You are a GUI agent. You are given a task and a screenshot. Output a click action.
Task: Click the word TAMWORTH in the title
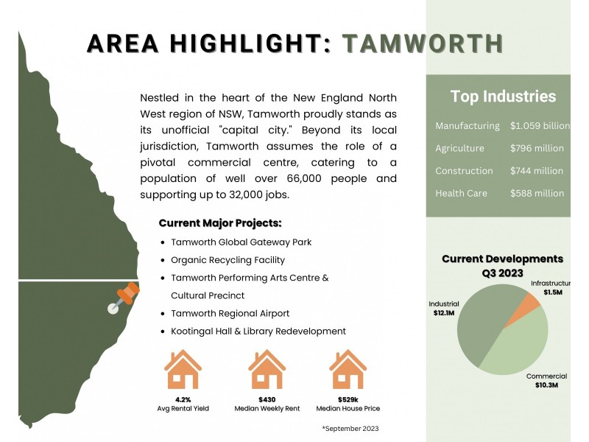tap(423, 43)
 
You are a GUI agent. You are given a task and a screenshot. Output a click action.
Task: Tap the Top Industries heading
tap(503, 97)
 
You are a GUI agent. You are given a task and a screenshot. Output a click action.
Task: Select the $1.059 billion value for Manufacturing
tap(540, 126)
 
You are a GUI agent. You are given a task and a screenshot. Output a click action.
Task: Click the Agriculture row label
tap(459, 148)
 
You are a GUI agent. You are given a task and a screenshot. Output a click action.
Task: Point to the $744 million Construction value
tap(537, 171)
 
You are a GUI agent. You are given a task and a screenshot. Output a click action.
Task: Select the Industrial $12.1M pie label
tap(444, 309)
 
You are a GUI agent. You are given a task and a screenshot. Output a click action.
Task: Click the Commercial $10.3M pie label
tap(546, 380)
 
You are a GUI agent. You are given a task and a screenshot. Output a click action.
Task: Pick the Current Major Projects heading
tap(220, 223)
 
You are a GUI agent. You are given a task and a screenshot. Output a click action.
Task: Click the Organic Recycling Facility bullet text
tap(228, 260)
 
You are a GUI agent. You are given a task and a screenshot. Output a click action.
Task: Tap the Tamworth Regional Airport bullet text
tap(230, 313)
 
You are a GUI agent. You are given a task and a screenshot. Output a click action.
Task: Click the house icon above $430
tap(267, 370)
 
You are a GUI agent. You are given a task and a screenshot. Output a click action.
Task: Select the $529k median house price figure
tap(348, 399)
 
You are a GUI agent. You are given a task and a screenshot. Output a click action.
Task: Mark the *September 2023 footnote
tap(350, 428)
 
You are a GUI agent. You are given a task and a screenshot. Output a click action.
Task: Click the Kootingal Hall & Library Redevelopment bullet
tap(258, 331)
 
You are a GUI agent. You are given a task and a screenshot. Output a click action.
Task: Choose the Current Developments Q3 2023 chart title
tap(502, 265)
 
